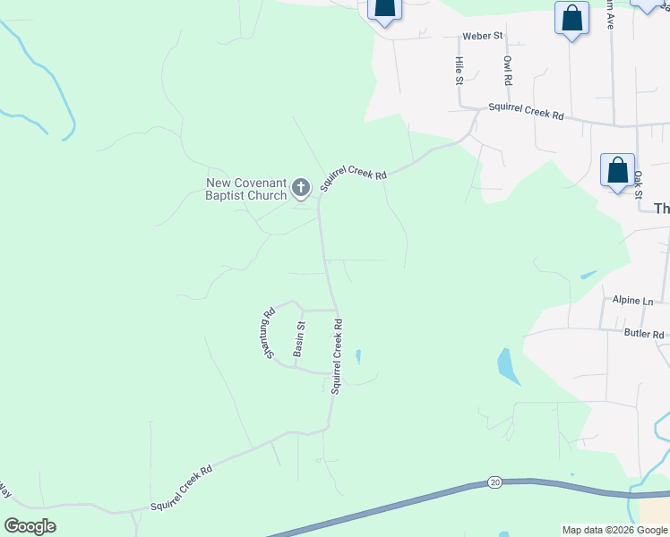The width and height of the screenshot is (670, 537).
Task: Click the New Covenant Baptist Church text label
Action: click(x=245, y=190)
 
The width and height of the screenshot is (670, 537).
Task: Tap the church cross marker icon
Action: click(x=301, y=188)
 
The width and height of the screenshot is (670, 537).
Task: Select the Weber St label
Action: click(x=483, y=37)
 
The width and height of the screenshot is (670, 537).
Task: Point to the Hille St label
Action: click(x=459, y=71)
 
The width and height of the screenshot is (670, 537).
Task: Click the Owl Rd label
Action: click(x=507, y=71)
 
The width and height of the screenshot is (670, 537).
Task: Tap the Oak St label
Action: click(x=638, y=184)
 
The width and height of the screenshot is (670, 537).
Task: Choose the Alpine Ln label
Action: click(x=633, y=301)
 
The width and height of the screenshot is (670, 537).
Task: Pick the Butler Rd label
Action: click(x=645, y=334)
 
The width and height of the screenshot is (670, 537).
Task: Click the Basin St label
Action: click(x=301, y=338)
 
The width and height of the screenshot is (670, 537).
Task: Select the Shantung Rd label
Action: click(x=268, y=335)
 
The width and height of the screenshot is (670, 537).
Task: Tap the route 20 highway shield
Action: click(x=494, y=482)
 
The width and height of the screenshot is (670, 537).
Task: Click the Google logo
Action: click(x=30, y=525)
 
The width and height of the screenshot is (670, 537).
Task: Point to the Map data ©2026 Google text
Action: click(x=614, y=530)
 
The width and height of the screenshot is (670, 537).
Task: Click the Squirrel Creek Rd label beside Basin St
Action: click(x=337, y=356)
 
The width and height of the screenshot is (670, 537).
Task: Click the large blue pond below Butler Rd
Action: click(x=506, y=364)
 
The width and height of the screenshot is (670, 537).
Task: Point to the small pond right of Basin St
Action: click(x=357, y=356)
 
